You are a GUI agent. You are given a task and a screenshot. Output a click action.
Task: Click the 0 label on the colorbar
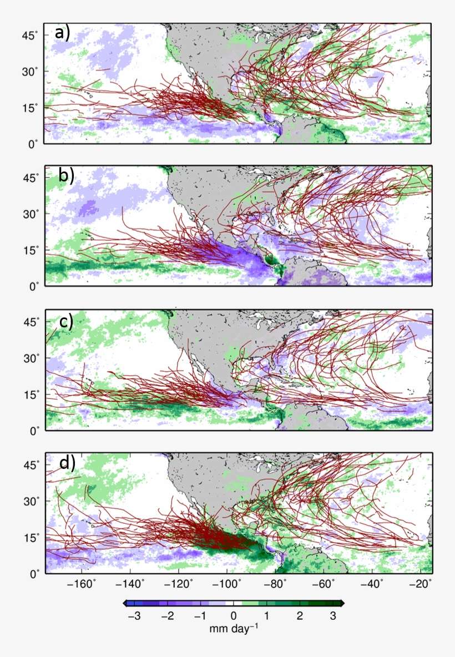234,616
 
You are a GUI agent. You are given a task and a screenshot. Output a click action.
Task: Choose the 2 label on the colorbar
300,616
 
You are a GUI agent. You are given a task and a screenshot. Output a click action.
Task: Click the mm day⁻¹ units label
234,629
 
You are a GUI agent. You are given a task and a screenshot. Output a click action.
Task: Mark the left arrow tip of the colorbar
125,603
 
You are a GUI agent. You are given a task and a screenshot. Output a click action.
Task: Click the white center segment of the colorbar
234,603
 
